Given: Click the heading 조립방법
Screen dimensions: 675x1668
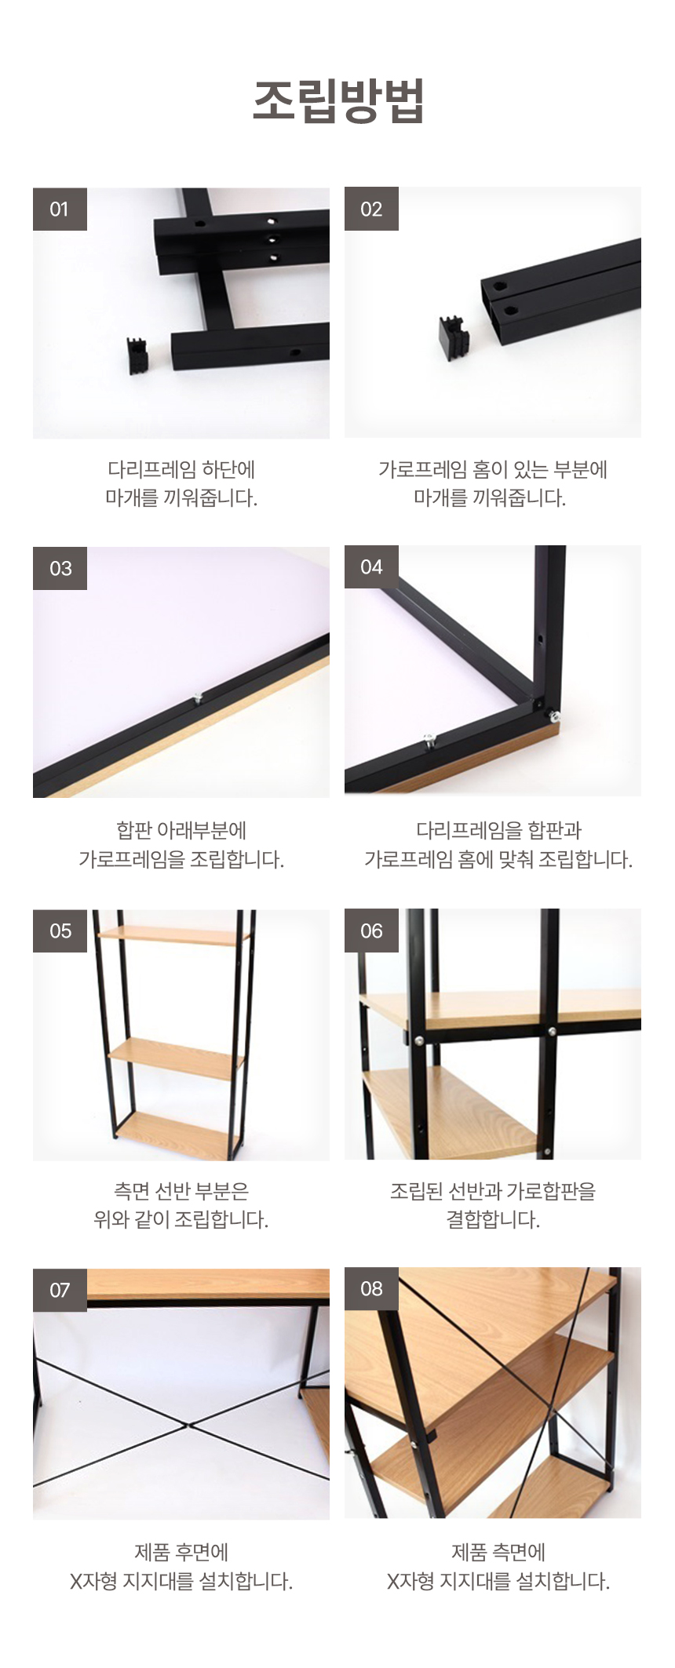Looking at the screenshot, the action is coord(338,100).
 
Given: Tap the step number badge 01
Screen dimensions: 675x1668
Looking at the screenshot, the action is coord(60,209).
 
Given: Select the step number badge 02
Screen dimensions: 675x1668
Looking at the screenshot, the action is coord(371,209).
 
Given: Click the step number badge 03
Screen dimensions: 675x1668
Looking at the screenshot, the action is coord(60,568).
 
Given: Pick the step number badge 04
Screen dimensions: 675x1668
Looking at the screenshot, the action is coord(371,567).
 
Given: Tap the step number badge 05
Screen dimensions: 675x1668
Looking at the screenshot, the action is coord(60,931).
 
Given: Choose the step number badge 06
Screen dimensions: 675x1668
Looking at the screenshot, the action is coord(371,931).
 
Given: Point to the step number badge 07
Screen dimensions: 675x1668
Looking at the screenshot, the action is coord(60,1290).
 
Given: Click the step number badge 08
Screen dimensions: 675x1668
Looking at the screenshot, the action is coord(371,1289).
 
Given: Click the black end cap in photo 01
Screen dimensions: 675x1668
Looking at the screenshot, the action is coord(138,355).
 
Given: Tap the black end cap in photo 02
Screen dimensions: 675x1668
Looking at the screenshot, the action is coord(453,337).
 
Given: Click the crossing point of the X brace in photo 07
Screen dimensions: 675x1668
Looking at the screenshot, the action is coord(186,1424).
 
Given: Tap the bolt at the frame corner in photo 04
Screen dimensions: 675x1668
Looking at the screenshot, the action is coord(553,715).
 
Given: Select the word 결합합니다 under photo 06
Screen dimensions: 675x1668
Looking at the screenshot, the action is coord(493,1219).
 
